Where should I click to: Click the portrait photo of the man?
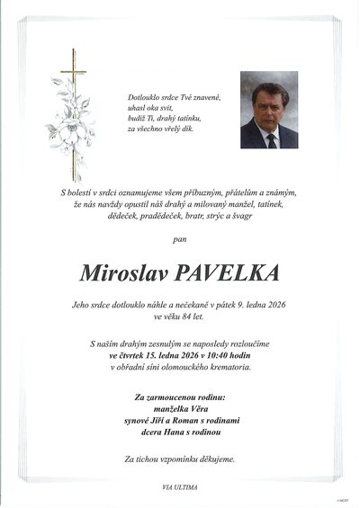tap(269, 110)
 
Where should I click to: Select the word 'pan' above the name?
tap(180, 240)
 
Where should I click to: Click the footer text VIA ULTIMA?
tap(180, 486)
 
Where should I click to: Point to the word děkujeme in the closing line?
tap(216, 459)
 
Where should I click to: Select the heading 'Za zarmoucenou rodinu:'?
tap(180, 395)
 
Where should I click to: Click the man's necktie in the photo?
tap(271, 138)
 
